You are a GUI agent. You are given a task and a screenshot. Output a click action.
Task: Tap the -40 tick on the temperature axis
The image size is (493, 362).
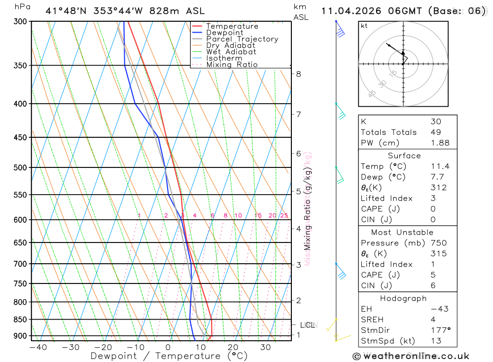tap(38, 347)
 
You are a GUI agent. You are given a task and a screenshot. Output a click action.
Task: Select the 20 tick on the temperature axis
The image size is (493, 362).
tap(233, 347)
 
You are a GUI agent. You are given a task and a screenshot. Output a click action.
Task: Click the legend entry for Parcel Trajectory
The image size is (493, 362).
tap(242, 39)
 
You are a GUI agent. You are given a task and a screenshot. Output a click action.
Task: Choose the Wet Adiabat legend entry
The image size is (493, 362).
tap(231, 52)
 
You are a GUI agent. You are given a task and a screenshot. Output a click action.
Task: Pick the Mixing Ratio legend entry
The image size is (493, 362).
tap(232, 65)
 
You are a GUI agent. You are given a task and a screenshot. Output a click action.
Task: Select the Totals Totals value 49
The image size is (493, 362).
tap(436, 132)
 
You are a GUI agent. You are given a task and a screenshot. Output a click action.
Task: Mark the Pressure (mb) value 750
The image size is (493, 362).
tap(438, 243)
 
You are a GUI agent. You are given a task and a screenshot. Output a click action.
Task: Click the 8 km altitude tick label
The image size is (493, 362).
tap(298, 74)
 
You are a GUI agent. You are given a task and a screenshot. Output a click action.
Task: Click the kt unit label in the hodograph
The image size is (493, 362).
tap(364, 26)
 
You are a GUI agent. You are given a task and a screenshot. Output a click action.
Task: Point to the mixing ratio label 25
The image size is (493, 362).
tap(284, 215)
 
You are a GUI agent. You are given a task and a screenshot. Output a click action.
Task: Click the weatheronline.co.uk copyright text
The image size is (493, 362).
tap(411, 356)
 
